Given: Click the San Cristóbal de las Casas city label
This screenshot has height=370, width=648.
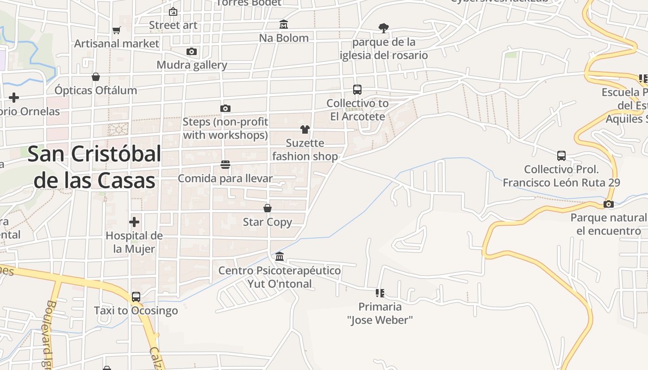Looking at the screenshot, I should tap(94, 167).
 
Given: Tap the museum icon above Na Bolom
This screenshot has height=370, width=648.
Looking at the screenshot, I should tap(284, 24).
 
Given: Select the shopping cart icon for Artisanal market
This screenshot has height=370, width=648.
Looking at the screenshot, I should tap(117, 30).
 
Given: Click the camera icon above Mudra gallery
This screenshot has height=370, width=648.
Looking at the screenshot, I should tap(192, 51).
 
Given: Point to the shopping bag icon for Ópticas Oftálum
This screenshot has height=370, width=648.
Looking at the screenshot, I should tap(96, 76).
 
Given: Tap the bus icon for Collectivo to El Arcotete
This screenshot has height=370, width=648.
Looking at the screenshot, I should tap(357, 89).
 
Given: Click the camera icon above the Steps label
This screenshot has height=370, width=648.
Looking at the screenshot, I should tap(225, 108).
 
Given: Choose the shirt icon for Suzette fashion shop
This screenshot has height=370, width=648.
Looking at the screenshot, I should tap(305, 129).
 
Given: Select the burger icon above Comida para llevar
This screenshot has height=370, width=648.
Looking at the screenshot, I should tap(225, 165).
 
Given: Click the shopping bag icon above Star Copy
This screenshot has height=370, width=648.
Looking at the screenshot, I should tap(268, 208).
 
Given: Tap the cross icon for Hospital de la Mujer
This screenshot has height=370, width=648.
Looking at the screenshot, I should tap(134, 222).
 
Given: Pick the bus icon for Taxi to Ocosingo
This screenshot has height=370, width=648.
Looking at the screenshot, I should tap(136, 296).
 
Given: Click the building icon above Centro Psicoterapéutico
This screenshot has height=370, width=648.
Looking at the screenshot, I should tap(280, 256).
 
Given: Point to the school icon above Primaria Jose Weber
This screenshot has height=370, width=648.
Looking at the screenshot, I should tap(380, 293).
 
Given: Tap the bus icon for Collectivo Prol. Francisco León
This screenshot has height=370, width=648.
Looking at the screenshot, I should tap(561, 155).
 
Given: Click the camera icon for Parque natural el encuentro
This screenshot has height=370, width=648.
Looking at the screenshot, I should tap(609, 204).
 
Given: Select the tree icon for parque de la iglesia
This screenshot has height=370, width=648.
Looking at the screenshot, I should tap(383, 28).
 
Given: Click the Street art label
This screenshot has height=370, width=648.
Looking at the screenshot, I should tap(173, 25).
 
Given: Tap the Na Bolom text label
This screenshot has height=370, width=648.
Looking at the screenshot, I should tap(284, 38).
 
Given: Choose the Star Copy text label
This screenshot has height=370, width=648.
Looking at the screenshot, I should tap(268, 222).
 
